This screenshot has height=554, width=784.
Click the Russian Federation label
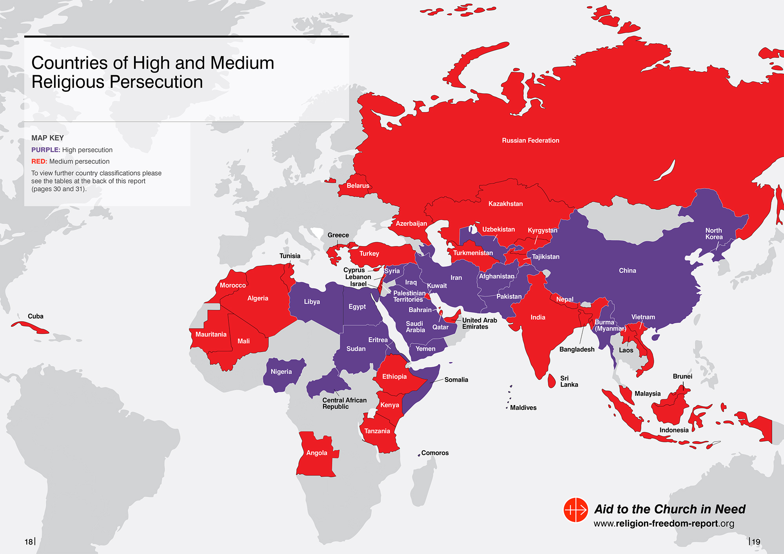coord(530,140)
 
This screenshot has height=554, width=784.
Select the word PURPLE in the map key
coord(45,150)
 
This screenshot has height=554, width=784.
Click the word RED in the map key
coord(39,161)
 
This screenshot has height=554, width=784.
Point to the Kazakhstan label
coord(505,204)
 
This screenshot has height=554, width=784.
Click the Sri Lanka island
coord(552,380)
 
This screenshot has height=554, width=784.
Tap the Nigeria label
coord(281,372)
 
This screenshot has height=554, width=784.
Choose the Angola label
coord(316,453)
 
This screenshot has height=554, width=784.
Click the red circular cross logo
coord(575,510)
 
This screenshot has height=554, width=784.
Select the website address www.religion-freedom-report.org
coord(664,523)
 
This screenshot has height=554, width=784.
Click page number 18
coord(29,542)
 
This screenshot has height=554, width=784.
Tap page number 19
coord(756,542)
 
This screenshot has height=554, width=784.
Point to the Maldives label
coord(523,408)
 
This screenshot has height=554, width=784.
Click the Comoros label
coord(435,453)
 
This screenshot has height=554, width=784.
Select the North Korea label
coord(714,234)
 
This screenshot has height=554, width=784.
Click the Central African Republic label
coord(344,403)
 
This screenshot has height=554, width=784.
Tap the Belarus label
coord(358,186)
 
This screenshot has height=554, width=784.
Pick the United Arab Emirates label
coord(479,323)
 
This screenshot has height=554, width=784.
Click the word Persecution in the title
coord(156,82)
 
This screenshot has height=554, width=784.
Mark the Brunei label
coord(682,377)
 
